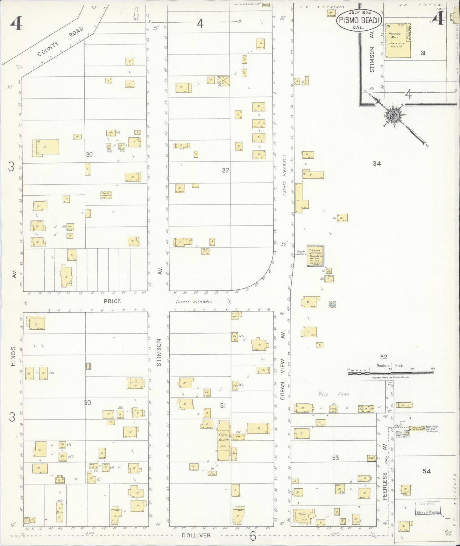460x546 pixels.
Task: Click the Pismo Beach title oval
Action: click(x=359, y=20)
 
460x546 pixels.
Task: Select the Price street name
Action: click(x=112, y=301)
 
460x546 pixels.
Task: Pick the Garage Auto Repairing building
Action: click(x=316, y=255)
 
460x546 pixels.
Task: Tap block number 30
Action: click(x=89, y=154)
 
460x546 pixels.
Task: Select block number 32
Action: click(x=225, y=170)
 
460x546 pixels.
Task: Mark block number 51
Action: click(x=223, y=406)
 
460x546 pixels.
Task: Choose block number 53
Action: click(x=335, y=458)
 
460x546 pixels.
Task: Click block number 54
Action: click(x=427, y=471)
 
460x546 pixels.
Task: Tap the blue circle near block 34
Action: click(x=332, y=304)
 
